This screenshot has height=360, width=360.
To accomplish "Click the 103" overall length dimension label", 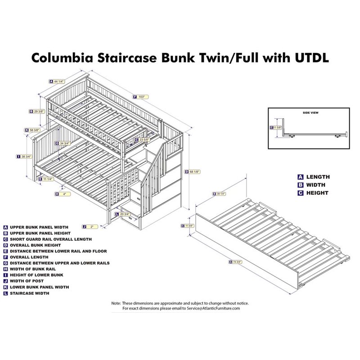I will coord(142,96).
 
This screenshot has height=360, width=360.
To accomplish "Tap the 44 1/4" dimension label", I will coord(58,81).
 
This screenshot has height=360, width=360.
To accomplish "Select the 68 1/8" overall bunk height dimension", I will coord(195,171).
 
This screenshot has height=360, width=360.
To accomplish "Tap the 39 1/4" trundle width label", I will coord(220,194).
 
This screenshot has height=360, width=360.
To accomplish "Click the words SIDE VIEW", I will coord(310,112).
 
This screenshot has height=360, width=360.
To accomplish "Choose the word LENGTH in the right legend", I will coord(318,177).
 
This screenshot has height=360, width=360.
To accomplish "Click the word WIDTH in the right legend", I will coord(316,185).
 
